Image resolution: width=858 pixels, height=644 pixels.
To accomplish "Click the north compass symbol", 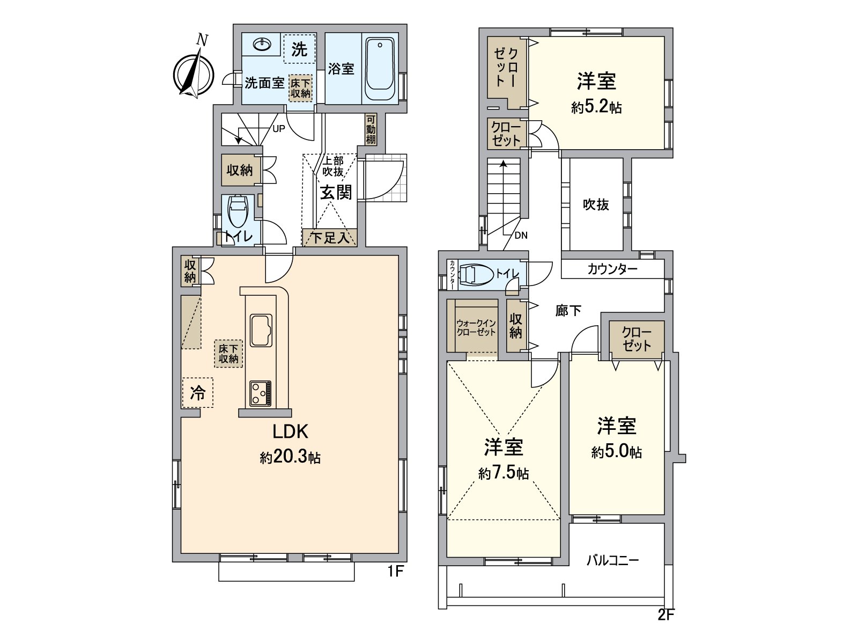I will click(x=194, y=72).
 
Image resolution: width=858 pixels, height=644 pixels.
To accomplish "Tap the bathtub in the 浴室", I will click(x=380, y=69).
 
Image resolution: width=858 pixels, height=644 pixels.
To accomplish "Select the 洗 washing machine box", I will click(x=299, y=49).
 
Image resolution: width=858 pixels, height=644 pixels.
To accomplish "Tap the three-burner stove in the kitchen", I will click(x=260, y=393).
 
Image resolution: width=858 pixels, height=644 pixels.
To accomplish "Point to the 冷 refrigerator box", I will click(x=197, y=393).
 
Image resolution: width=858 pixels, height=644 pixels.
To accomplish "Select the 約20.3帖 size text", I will click(x=290, y=457).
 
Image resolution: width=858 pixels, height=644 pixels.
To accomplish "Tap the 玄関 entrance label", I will click(x=336, y=192).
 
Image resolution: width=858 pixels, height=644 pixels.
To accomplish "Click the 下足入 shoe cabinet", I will click(x=330, y=237).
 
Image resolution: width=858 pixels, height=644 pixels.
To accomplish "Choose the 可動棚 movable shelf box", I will click(x=371, y=129).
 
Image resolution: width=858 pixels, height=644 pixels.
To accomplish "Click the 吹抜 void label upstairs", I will click(x=596, y=204).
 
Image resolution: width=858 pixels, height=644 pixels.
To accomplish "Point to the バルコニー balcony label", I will click(x=612, y=561).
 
